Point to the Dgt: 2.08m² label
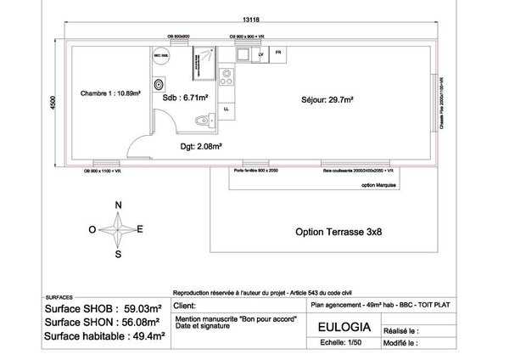tap(201, 146)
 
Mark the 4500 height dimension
tap(53, 103)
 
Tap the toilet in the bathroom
tap(200, 121)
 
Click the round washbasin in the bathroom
tap(159, 85)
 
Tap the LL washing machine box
tap(227, 109)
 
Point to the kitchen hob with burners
tap(226, 77)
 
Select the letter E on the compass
tap(140, 228)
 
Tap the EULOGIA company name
tap(342, 327)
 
